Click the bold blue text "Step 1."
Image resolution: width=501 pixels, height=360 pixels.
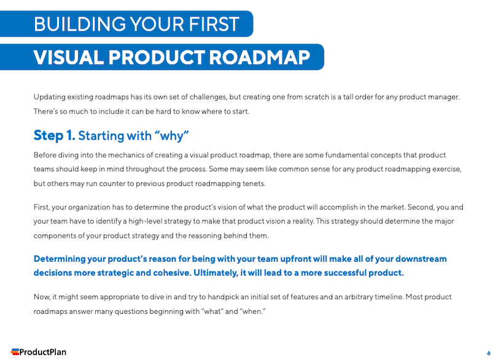(x=54, y=135)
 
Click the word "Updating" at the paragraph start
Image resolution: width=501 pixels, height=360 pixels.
(x=49, y=97)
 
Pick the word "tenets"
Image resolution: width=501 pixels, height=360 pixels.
(x=252, y=183)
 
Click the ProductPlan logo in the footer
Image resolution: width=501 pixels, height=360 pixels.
(x=39, y=352)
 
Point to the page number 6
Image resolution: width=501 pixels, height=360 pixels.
(x=489, y=353)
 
